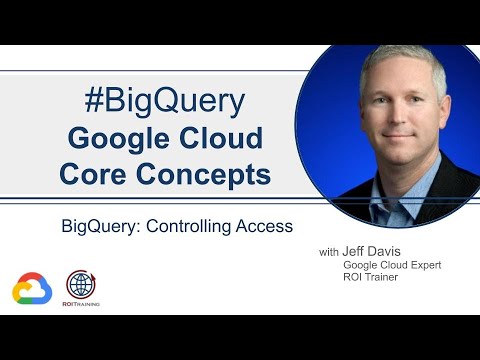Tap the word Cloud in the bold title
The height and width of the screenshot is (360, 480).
[223, 138]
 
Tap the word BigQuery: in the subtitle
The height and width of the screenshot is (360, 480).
[101, 227]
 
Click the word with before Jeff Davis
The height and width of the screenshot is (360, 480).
[329, 253]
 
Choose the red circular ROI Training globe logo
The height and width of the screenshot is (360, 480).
[82, 283]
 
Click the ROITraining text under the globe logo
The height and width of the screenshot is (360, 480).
[82, 304]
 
